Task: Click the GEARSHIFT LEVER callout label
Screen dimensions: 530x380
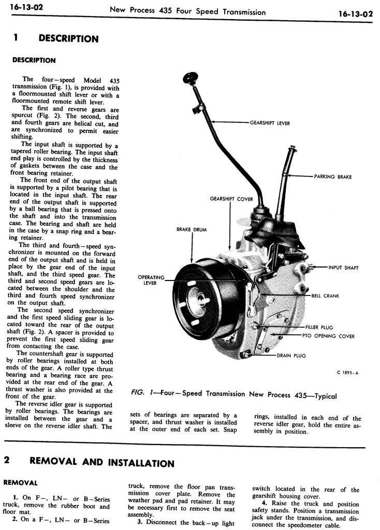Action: (270, 123)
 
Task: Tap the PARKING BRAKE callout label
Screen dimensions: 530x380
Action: (333, 176)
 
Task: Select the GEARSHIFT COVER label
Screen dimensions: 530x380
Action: (231, 199)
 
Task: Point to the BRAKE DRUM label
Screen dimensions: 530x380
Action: (192, 229)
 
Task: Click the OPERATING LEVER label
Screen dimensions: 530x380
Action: (151, 280)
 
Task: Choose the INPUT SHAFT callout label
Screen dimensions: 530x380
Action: (344, 268)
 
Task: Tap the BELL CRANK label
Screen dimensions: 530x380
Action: (325, 296)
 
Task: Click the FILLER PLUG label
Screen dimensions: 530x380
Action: (319, 327)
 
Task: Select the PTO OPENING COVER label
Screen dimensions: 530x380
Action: (328, 336)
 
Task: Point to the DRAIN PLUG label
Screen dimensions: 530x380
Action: (291, 356)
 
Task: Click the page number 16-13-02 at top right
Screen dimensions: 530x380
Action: (356, 13)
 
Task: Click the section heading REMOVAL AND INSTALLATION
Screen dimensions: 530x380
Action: (102, 462)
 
